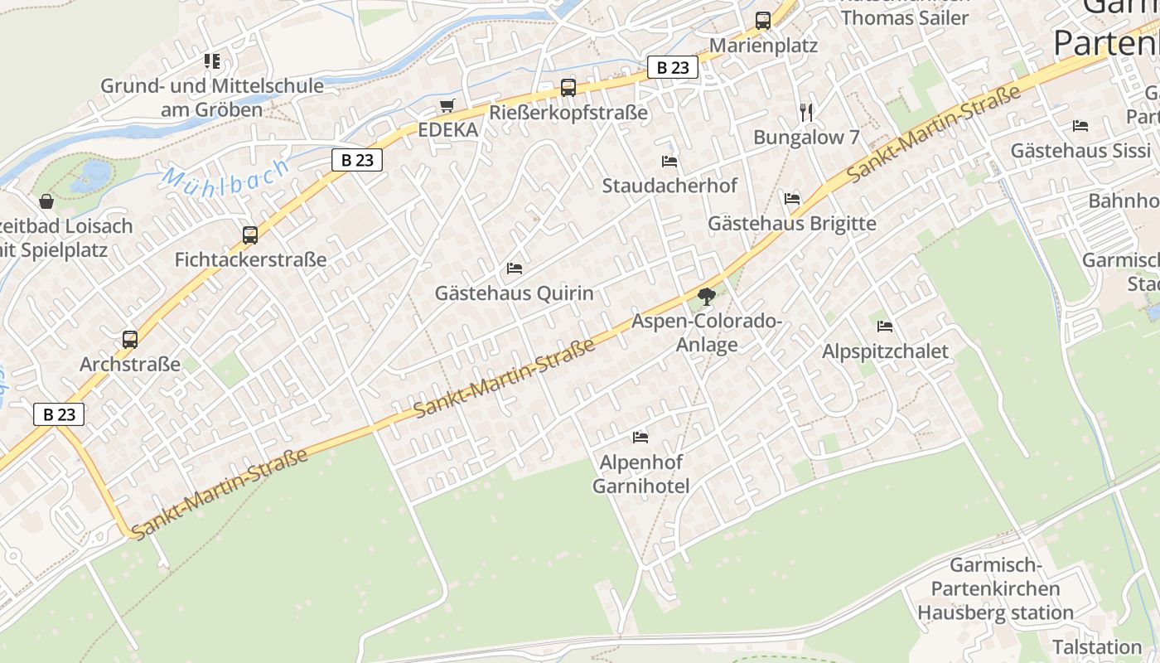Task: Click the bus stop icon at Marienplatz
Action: coord(762,21)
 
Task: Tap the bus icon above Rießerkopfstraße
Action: coord(568,87)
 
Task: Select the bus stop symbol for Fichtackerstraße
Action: coord(250,235)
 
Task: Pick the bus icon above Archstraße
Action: coord(130,339)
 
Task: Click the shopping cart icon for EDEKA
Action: coord(447,105)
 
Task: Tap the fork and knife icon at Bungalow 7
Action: coord(806,112)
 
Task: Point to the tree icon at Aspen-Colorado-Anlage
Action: coord(706,296)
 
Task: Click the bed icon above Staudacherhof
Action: coord(669,161)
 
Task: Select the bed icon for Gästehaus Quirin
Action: coord(515,269)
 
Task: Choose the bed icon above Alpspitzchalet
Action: coord(885,327)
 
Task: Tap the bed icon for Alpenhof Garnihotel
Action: coord(640,437)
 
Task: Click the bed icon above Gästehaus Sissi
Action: coord(1080,126)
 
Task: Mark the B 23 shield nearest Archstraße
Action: coord(60,414)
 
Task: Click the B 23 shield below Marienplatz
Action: coord(672,67)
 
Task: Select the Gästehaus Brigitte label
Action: coord(791,223)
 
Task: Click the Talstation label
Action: coord(1097,646)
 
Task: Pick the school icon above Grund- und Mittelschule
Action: coord(212,61)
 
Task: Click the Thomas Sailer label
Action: coord(905,18)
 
